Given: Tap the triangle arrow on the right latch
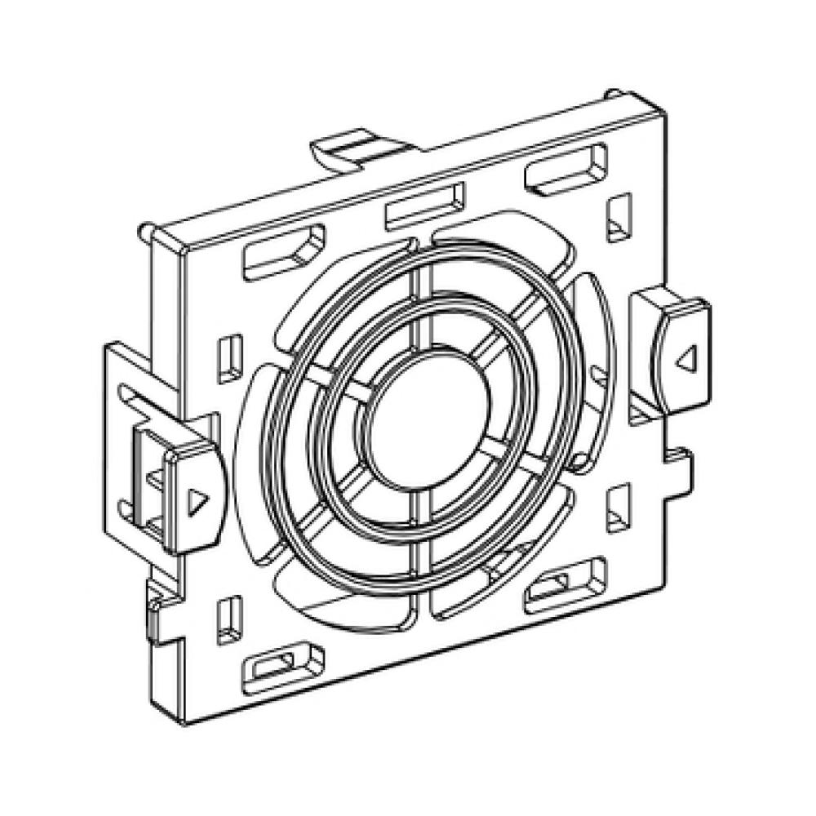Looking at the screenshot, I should click(x=687, y=356).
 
